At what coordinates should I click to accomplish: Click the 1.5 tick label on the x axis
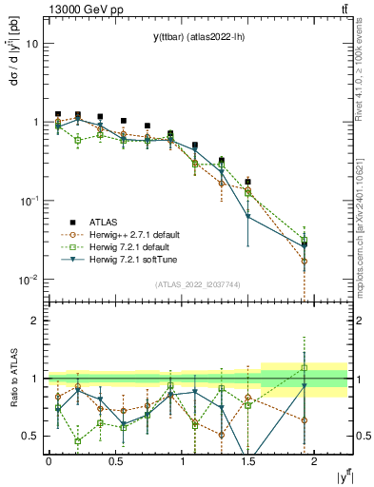point(247,460)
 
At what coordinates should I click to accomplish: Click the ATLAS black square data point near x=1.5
point(248,182)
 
